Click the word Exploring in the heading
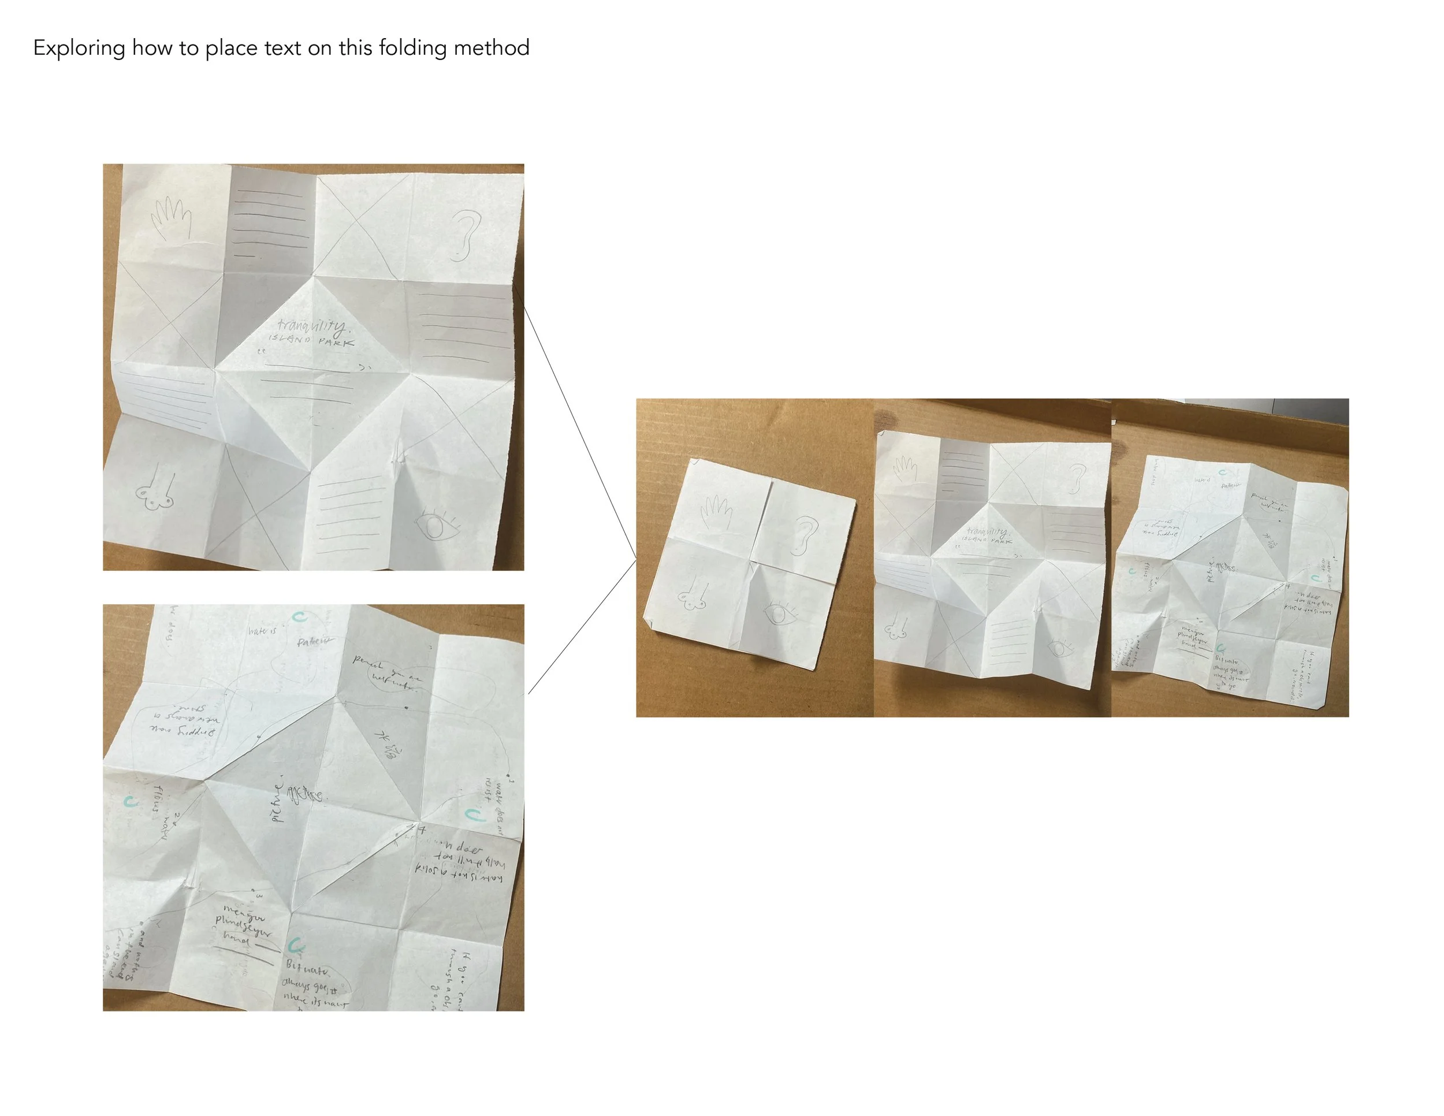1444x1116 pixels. [x=79, y=49]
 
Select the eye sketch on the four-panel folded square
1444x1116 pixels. [x=781, y=614]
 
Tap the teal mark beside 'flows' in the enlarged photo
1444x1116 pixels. [x=131, y=802]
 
